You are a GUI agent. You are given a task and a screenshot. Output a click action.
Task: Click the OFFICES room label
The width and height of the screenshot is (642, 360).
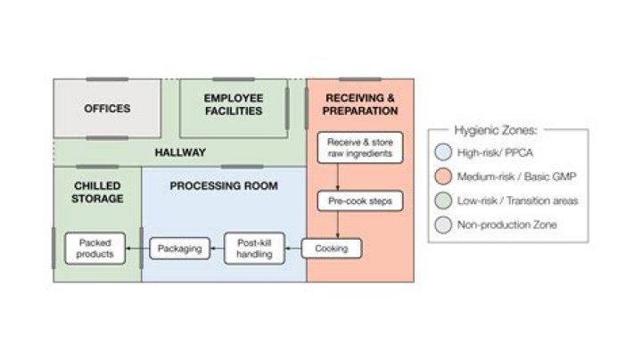(x=107, y=109)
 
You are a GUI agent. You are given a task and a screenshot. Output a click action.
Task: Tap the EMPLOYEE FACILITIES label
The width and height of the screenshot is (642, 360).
(x=233, y=104)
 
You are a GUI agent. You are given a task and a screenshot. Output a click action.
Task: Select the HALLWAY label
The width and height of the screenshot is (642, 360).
(x=180, y=152)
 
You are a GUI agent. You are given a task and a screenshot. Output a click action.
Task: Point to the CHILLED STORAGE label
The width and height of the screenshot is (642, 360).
(x=97, y=192)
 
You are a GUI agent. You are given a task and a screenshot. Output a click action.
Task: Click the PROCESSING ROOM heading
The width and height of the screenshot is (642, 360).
(x=224, y=186)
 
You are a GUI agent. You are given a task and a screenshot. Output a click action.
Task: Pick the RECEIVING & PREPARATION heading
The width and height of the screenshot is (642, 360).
(x=361, y=104)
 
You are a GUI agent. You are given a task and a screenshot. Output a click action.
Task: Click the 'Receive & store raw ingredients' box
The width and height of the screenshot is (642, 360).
(x=360, y=148)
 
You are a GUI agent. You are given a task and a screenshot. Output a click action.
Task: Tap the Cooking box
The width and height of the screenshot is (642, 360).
(x=332, y=248)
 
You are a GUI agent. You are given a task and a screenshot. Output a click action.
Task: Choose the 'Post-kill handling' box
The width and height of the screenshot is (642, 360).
(x=254, y=248)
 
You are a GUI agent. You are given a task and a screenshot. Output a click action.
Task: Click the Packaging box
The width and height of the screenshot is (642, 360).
(x=180, y=248)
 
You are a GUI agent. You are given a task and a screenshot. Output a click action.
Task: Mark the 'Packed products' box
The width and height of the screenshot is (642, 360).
(x=95, y=248)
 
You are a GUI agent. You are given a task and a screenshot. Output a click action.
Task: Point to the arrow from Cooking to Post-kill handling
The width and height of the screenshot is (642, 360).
(x=293, y=248)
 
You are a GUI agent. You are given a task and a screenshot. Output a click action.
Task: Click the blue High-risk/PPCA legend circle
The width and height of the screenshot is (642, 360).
(x=443, y=153)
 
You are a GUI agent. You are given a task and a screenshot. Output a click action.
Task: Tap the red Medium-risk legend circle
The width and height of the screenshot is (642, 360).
(x=443, y=177)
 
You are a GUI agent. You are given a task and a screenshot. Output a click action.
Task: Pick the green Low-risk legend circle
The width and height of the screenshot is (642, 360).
(x=443, y=201)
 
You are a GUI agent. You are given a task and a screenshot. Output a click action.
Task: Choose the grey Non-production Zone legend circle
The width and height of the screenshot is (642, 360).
(x=443, y=225)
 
